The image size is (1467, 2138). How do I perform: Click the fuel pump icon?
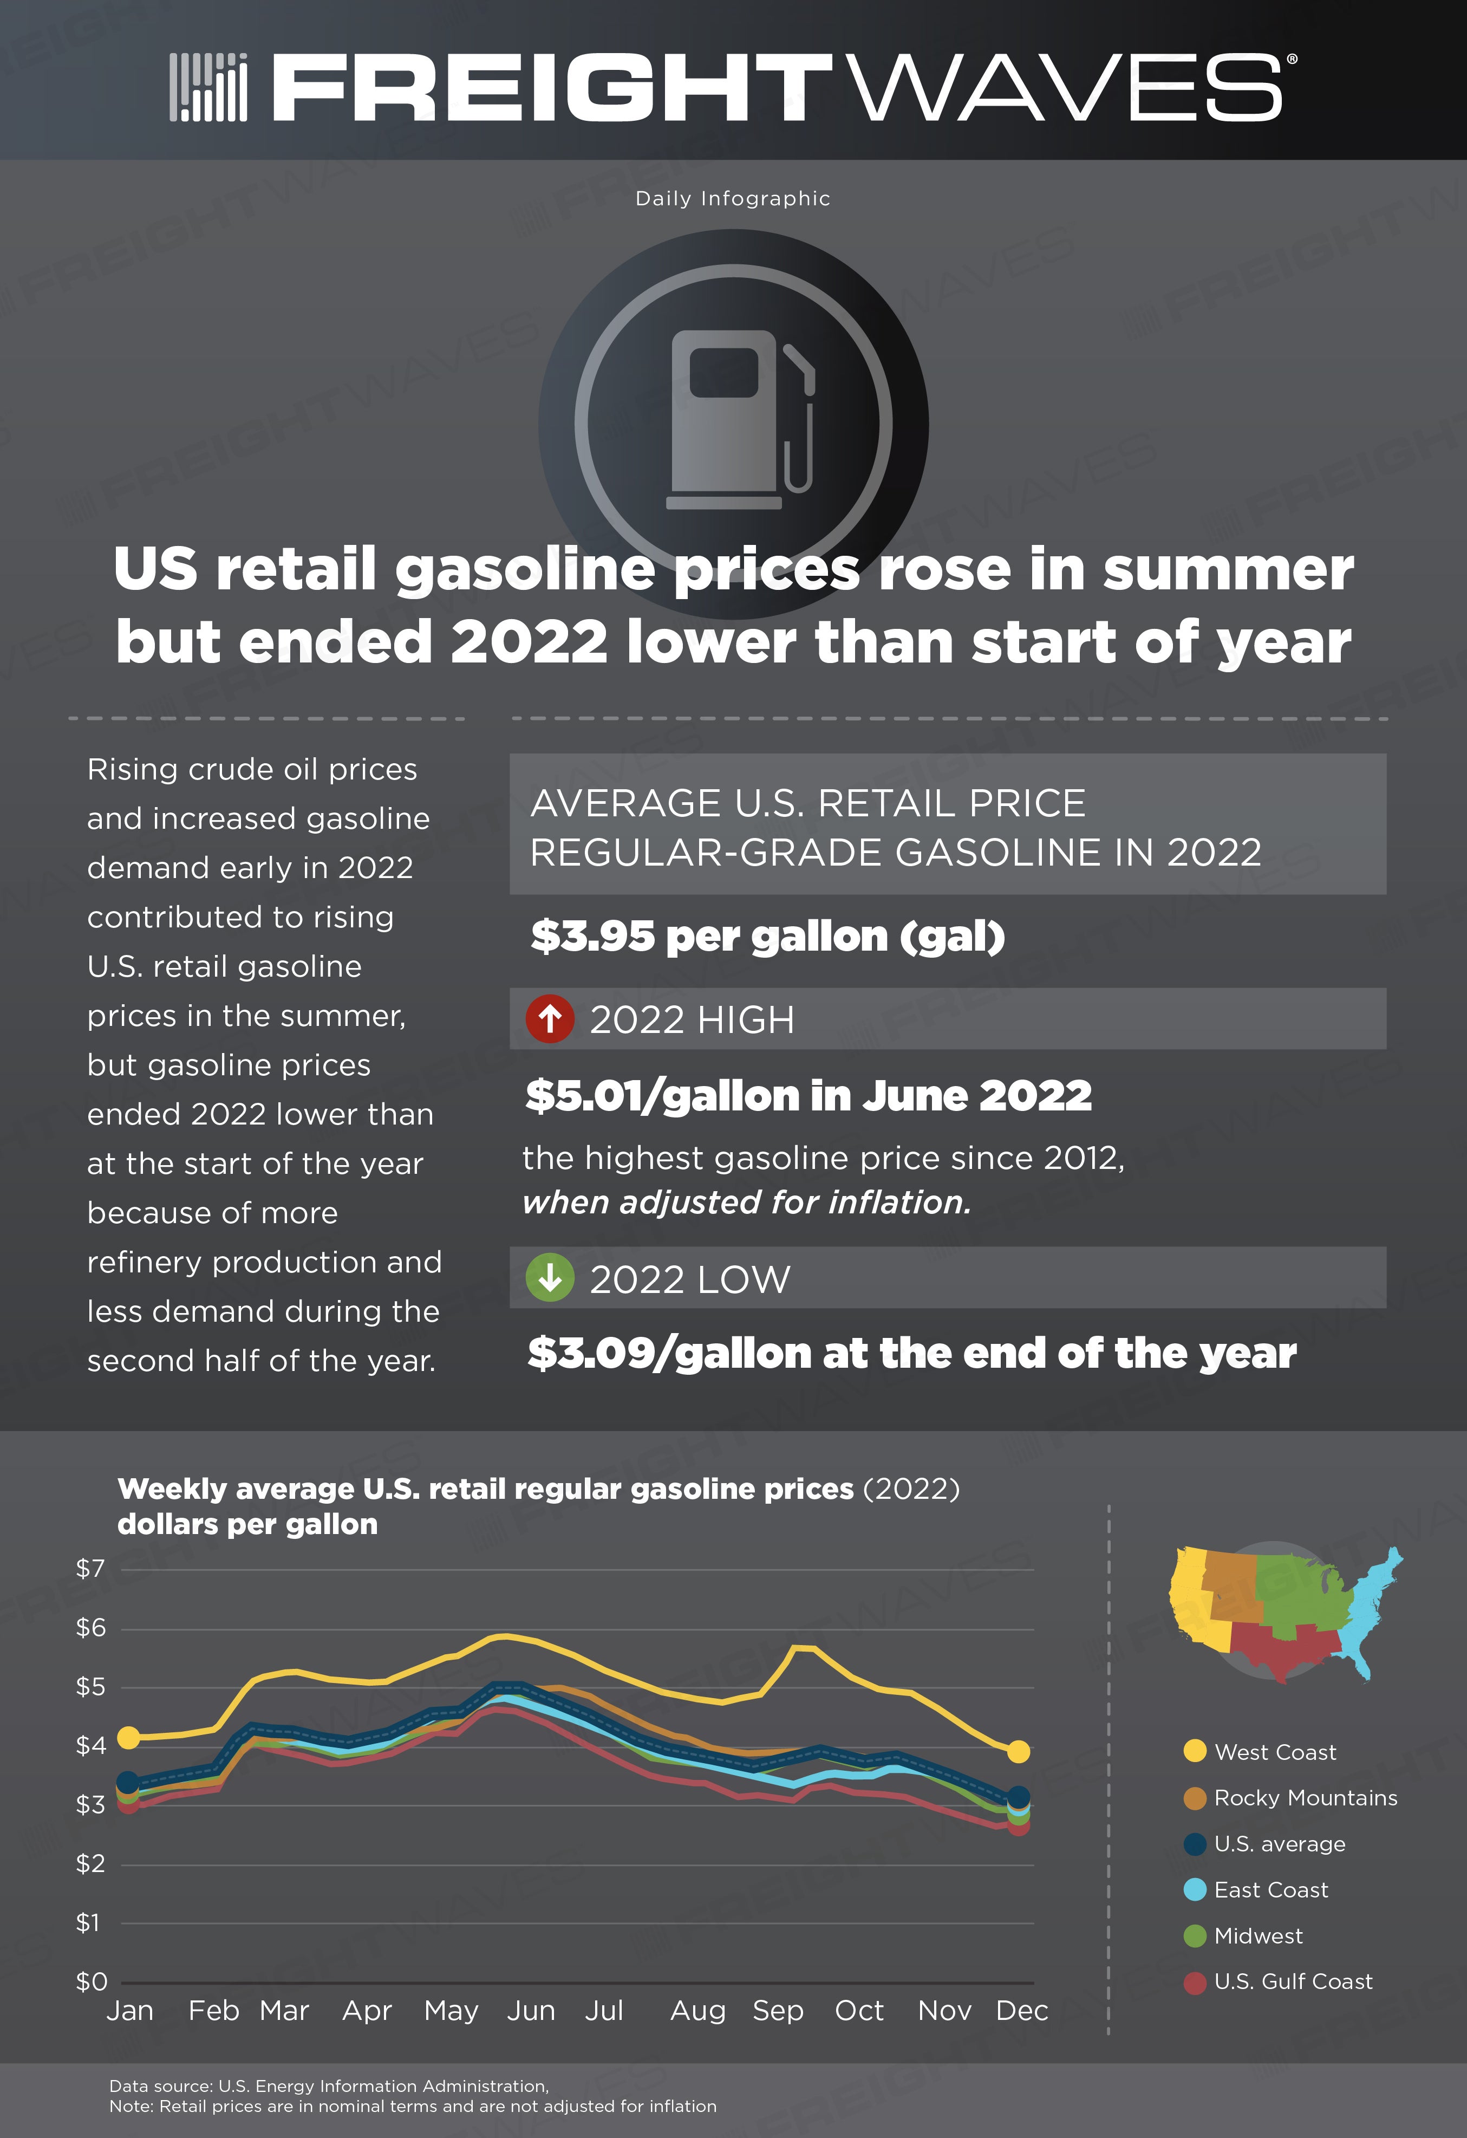coord(740,419)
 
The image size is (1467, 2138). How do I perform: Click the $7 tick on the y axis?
coord(90,1569)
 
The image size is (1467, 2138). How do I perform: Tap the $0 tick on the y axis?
coord(91,1981)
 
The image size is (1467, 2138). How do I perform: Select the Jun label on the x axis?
coord(531,2011)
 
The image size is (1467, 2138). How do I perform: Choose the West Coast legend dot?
coord(1195,1751)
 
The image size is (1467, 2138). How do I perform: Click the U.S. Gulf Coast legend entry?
coord(1279,1981)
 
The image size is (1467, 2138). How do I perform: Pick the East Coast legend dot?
coord(1195,1889)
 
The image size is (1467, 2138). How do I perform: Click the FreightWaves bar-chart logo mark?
coord(209,87)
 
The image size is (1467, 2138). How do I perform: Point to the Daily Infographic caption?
coord(733,199)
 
